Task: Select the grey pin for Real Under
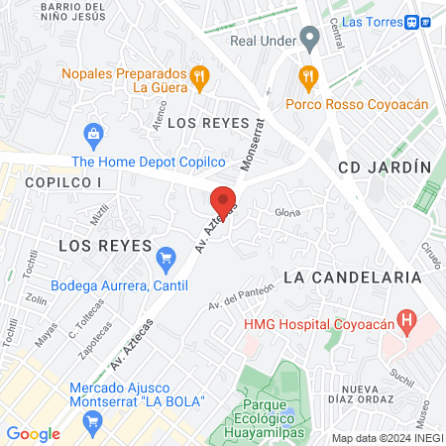(310, 41)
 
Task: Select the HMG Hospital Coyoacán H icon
(405, 320)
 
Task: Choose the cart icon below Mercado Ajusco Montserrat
(94, 422)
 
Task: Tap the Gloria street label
(287, 212)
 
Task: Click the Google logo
(34, 433)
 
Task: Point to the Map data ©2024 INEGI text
(387, 438)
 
